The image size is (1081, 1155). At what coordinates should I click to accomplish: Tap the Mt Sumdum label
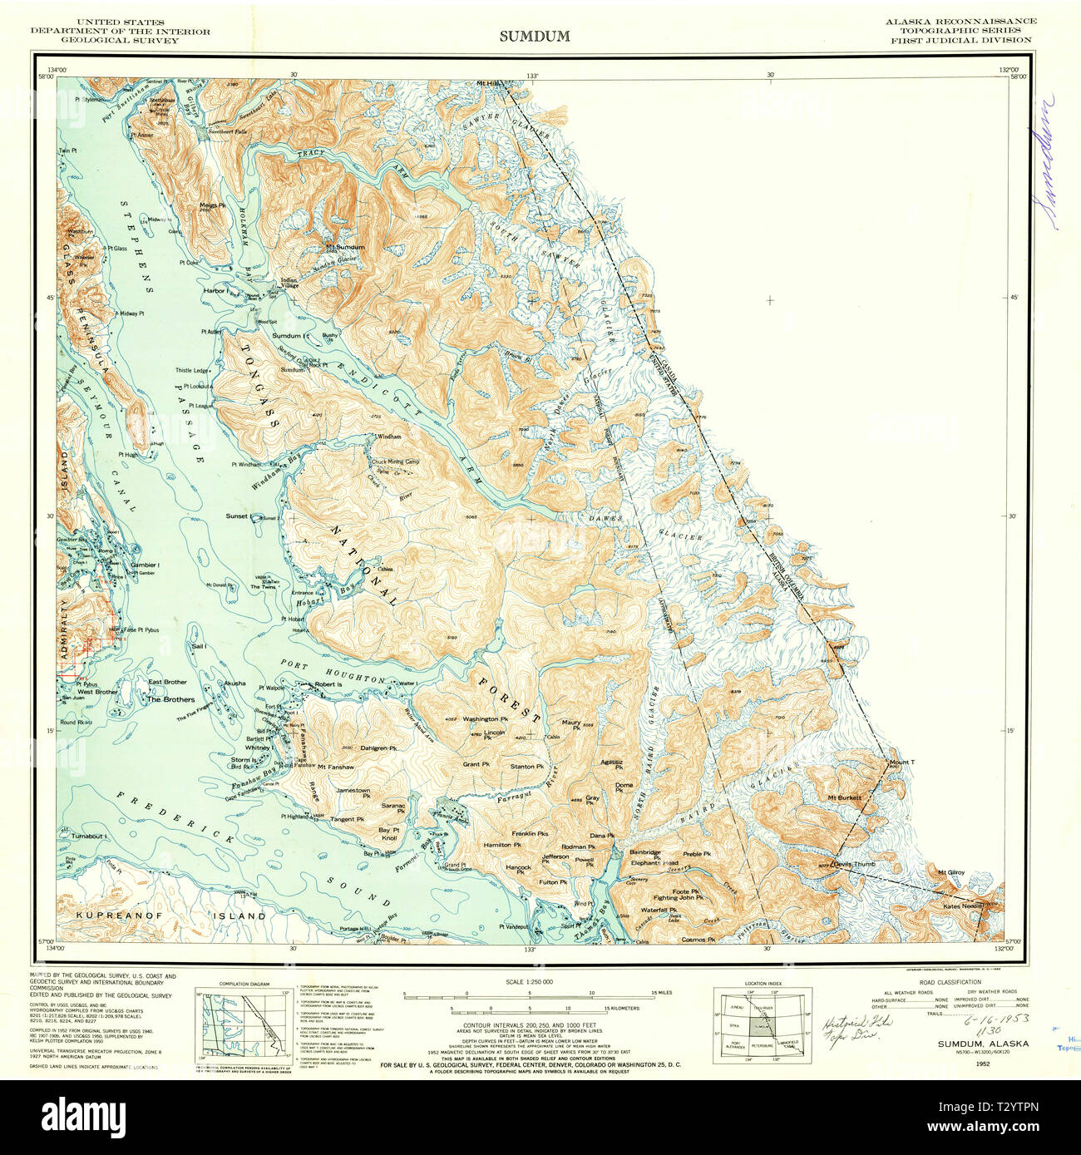coord(345,247)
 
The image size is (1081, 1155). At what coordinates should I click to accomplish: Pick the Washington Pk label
coord(485,718)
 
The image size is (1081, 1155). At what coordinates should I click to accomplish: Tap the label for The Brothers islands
coord(170,699)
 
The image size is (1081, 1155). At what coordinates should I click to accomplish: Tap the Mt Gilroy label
coord(950,872)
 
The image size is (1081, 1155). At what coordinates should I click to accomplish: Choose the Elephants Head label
coord(654,863)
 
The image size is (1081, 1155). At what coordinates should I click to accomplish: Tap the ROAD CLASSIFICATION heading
coord(950,982)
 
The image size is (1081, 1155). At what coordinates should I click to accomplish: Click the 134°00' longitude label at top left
coord(57,69)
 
